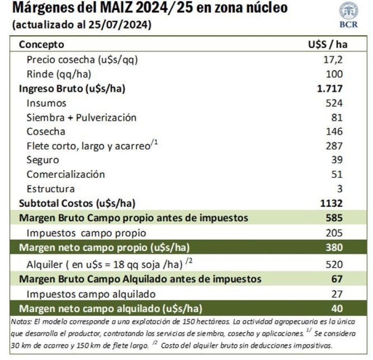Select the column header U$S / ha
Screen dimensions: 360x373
(325, 45)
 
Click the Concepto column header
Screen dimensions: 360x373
(41, 45)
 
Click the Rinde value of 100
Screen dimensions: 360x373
(334, 74)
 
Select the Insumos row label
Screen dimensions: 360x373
(46, 103)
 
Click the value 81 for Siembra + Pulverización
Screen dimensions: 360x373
(337, 117)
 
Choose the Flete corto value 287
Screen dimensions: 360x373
(334, 146)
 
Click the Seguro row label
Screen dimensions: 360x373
(43, 160)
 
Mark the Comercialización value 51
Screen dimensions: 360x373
(337, 174)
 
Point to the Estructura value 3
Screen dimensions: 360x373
(339, 189)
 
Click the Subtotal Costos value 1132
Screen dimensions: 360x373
(332, 203)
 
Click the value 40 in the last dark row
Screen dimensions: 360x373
(337, 309)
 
